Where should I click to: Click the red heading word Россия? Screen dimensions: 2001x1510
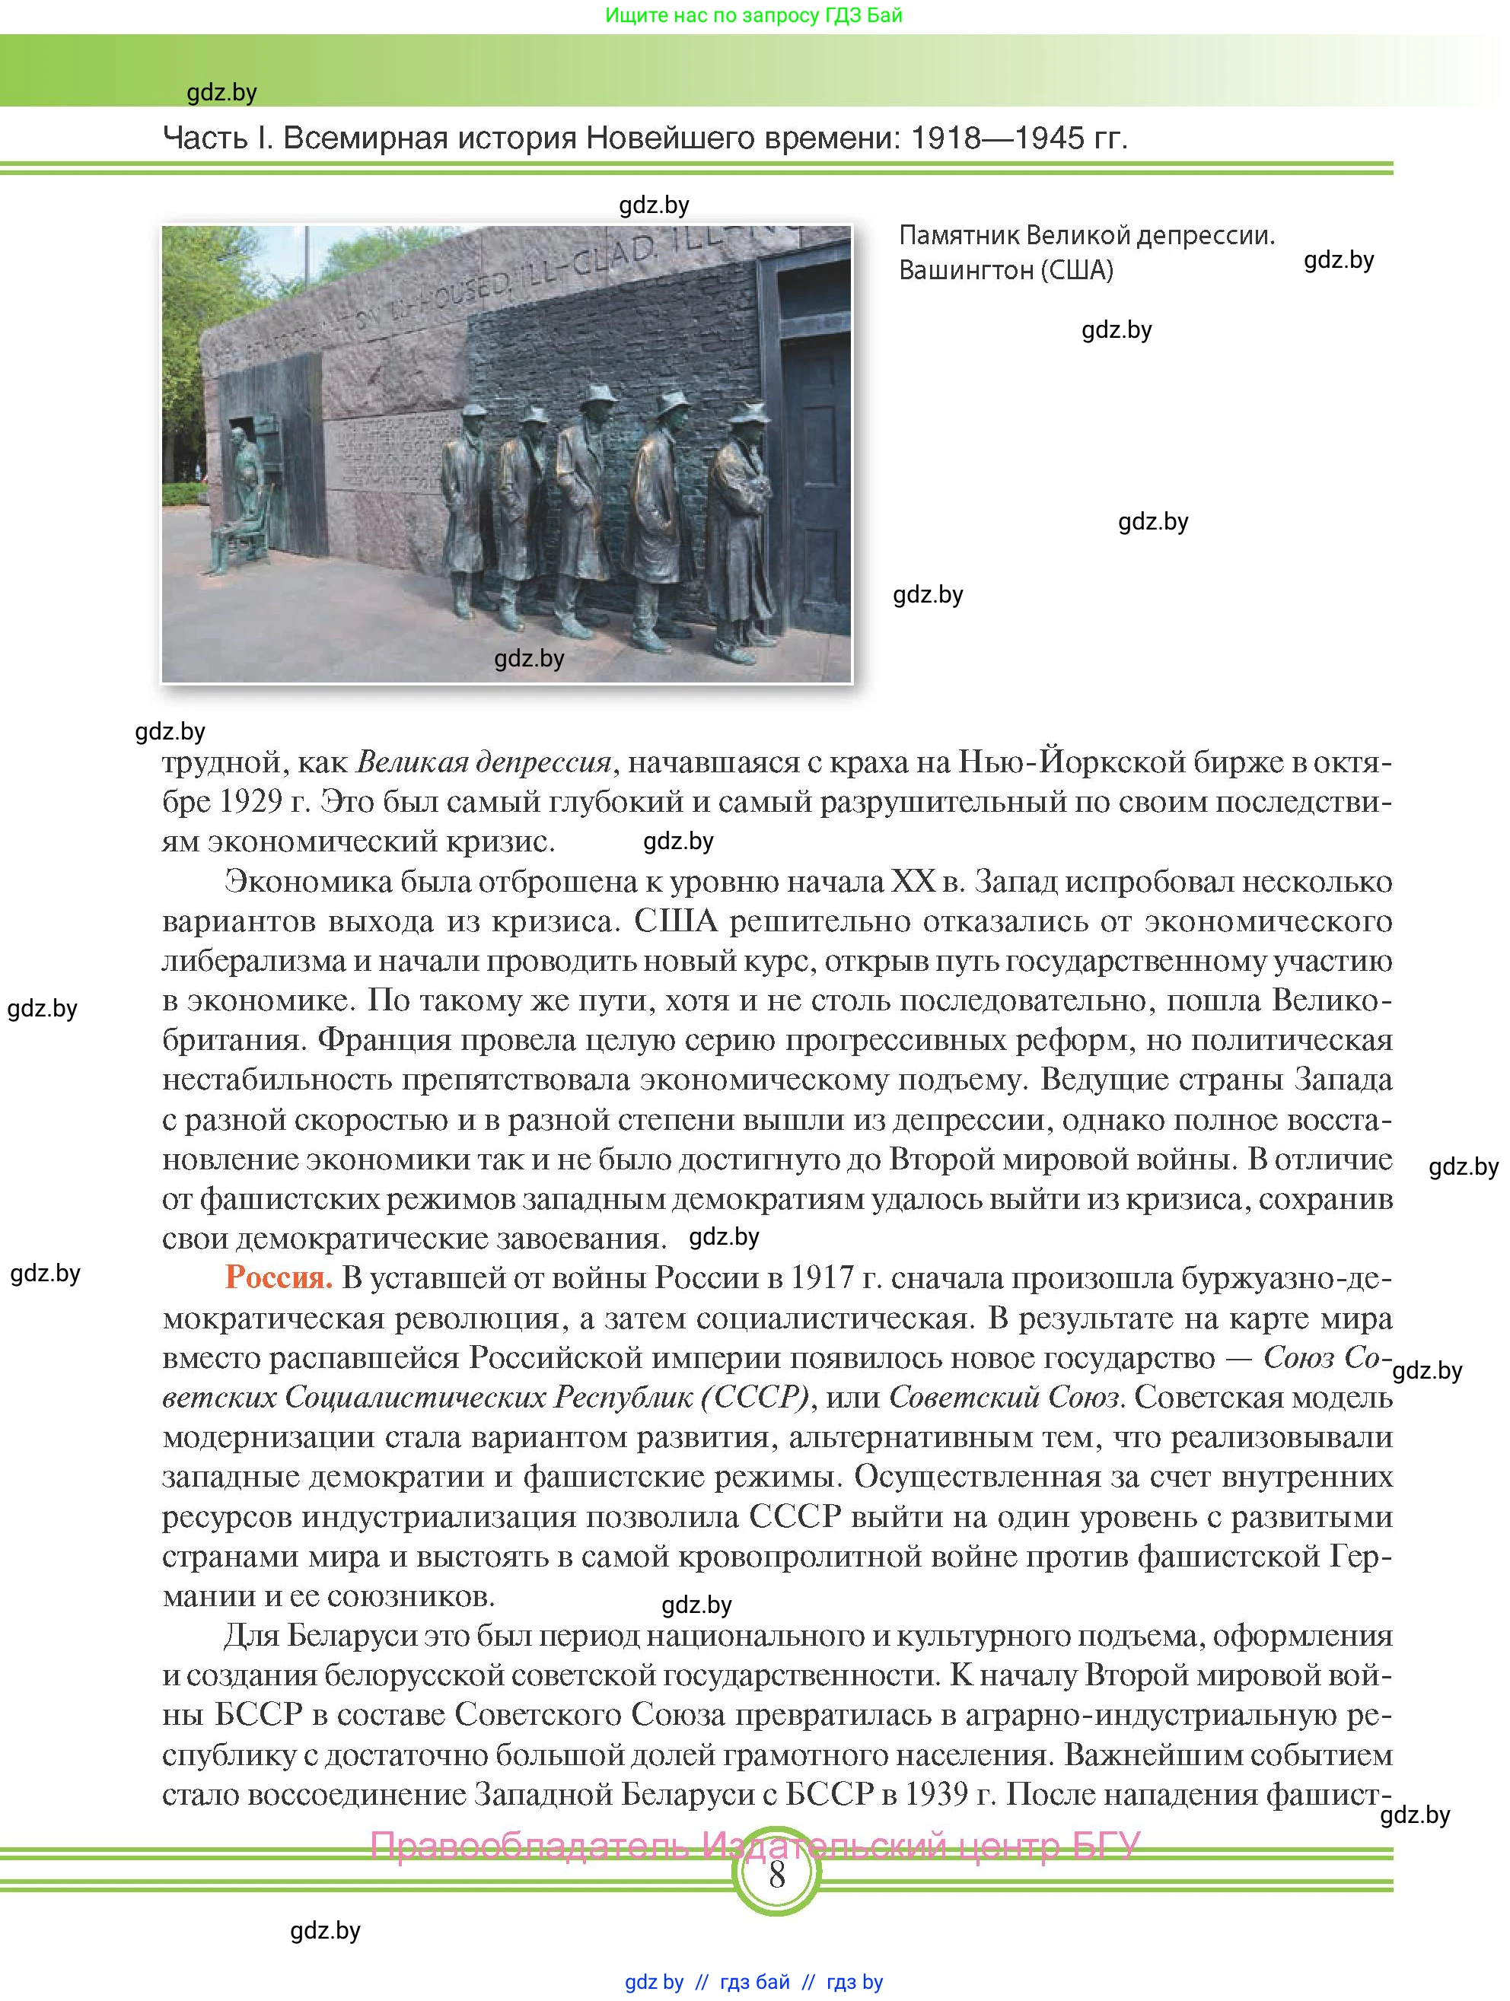point(279,1277)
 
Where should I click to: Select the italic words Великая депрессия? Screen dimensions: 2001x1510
point(484,762)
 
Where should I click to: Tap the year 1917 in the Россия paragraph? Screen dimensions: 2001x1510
point(821,1277)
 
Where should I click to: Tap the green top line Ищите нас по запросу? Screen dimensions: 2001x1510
point(753,15)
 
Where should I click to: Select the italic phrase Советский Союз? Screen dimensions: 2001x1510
point(1004,1397)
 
